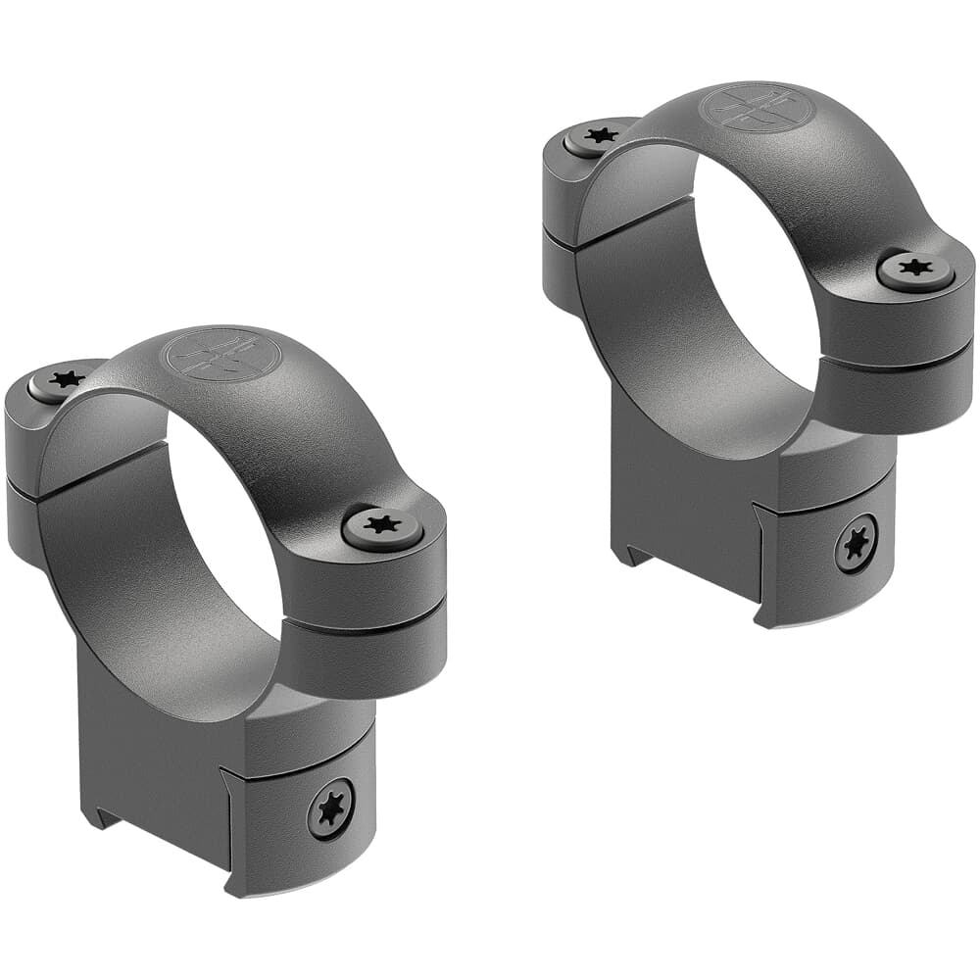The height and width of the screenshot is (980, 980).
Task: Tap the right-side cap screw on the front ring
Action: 383,526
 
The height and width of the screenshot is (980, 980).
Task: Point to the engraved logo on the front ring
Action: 223,355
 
